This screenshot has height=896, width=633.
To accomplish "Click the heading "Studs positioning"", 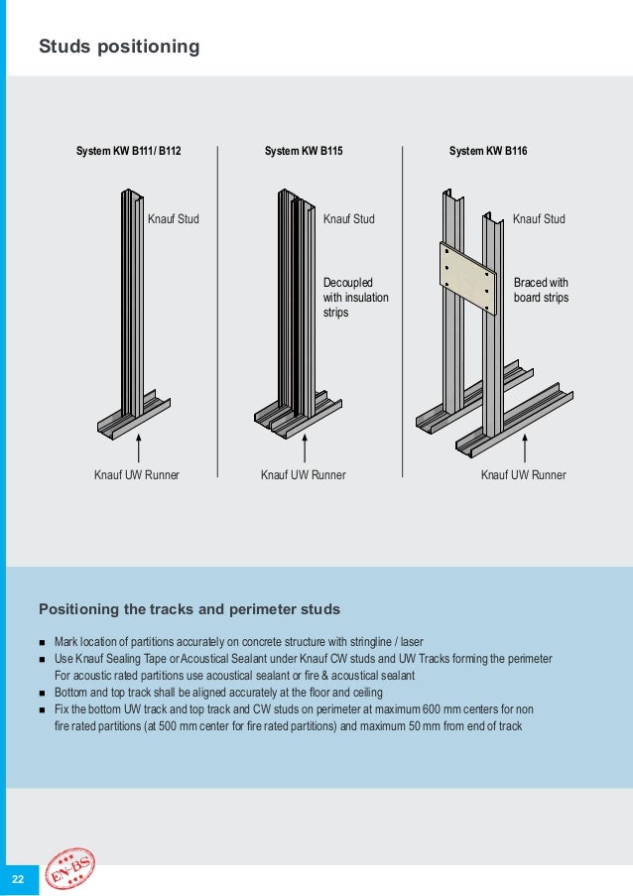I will [x=119, y=47].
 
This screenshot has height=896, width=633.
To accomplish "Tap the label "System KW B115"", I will [x=304, y=152].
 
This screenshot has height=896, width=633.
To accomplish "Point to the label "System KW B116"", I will [x=488, y=152].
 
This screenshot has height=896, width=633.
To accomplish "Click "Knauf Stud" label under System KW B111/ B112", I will [x=174, y=218].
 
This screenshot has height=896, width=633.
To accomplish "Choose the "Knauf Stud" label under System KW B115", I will [x=349, y=218].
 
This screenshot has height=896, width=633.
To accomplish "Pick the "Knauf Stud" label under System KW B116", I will [x=539, y=218].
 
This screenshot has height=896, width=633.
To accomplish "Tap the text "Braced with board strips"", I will [x=541, y=290].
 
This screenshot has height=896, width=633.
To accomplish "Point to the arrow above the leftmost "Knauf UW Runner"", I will [x=139, y=448].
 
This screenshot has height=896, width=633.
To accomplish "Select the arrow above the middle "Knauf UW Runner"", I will [x=305, y=448].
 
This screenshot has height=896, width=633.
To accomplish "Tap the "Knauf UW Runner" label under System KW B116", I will [x=523, y=475].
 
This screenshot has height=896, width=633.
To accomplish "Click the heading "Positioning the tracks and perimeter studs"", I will [x=189, y=608].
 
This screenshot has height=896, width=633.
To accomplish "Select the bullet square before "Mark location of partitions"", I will [x=43, y=643].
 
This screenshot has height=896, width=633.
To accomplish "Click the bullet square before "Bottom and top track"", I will [x=43, y=693].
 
